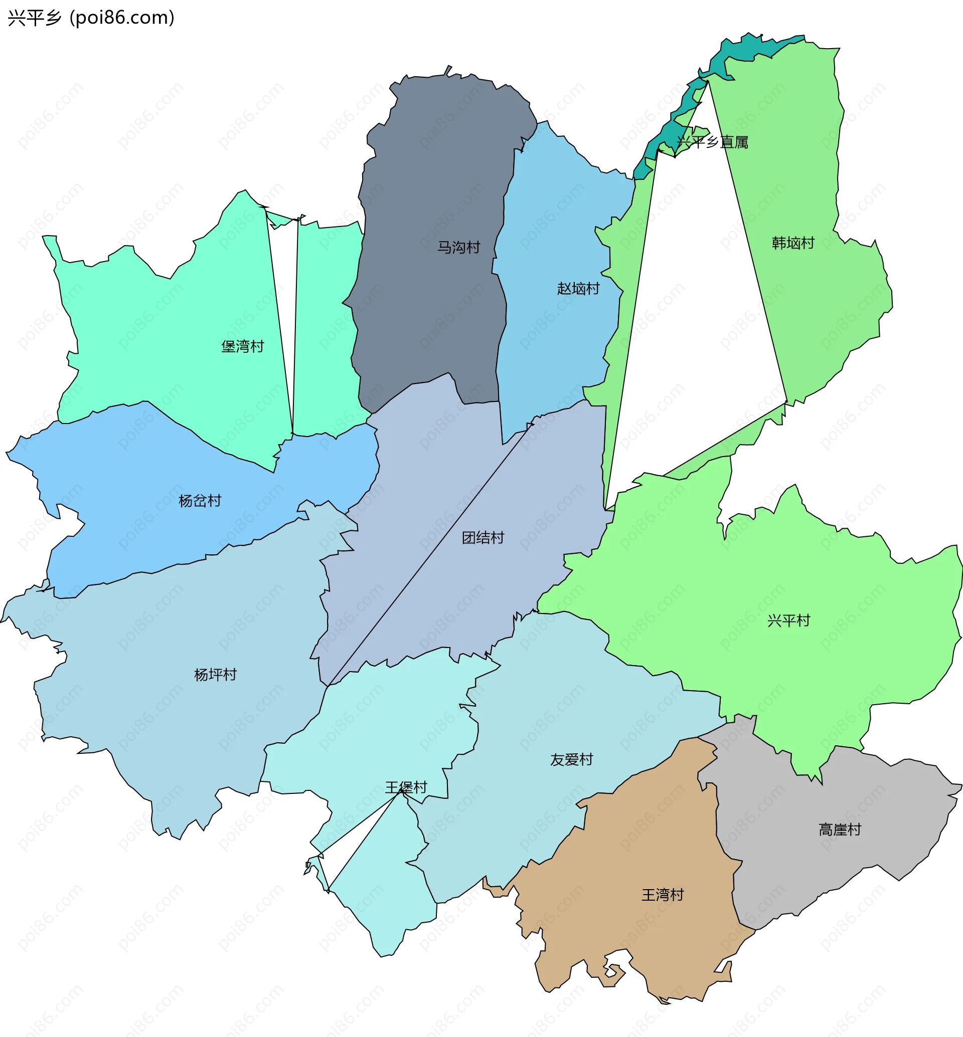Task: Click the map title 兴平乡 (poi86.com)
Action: [x=91, y=18]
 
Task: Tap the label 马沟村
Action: [x=458, y=247]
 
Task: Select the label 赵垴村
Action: [x=578, y=288]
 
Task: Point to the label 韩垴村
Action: [x=793, y=243]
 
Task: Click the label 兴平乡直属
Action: [x=712, y=142]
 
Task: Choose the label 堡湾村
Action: [x=243, y=346]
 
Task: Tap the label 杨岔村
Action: [x=200, y=501]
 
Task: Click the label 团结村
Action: [x=483, y=537]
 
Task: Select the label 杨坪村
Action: [x=216, y=675]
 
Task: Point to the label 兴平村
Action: [x=789, y=620]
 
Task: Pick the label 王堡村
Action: [x=406, y=787]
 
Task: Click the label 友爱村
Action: [x=572, y=759]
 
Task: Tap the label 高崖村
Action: [x=840, y=829]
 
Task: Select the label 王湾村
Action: [x=663, y=895]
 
